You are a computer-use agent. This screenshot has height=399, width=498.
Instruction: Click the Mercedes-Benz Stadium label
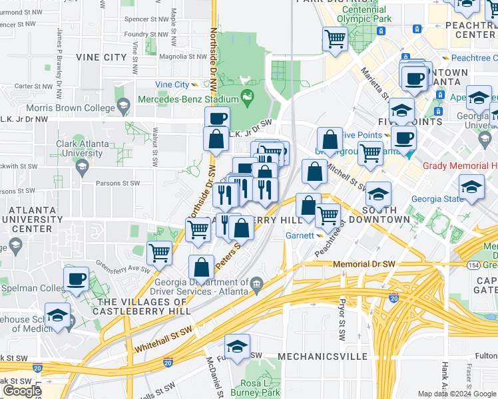[188, 99]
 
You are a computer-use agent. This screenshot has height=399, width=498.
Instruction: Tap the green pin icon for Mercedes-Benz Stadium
[247, 98]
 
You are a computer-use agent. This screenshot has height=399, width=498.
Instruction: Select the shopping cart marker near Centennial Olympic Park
[334, 39]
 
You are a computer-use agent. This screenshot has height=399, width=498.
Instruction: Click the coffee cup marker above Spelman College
[76, 278]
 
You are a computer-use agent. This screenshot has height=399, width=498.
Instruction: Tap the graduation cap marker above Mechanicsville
[236, 348]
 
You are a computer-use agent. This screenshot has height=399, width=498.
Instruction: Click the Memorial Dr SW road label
[364, 264]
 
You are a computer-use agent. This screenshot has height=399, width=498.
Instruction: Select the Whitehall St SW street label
[162, 346]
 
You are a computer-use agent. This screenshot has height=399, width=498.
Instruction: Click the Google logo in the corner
[21, 391]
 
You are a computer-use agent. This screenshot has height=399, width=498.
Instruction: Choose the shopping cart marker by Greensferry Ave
[160, 253]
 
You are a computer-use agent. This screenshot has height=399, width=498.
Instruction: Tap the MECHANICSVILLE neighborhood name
[322, 356]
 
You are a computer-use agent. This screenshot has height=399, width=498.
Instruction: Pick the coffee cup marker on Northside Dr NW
[217, 118]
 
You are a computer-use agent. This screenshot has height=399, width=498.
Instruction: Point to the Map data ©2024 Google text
[457, 394]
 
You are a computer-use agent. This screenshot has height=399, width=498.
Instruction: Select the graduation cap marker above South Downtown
[378, 195]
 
